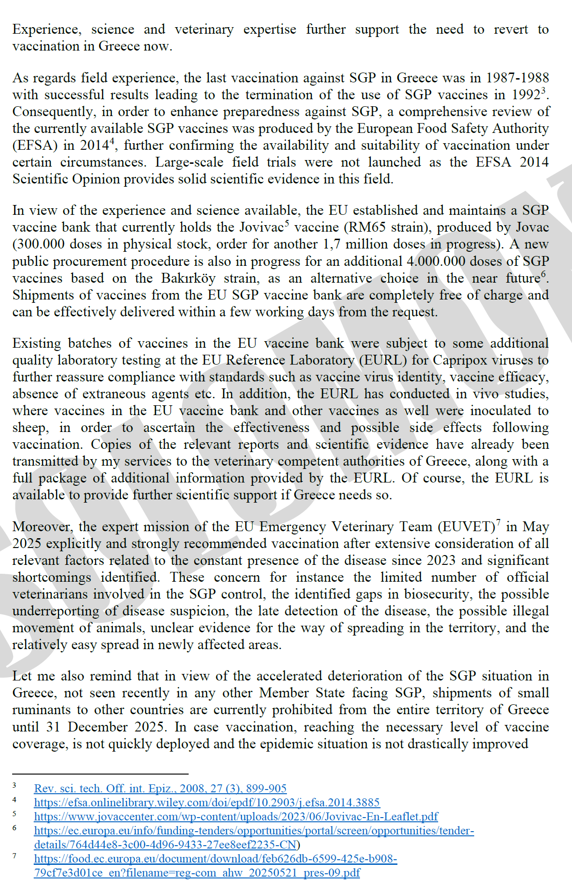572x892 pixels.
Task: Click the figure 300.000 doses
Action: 42,244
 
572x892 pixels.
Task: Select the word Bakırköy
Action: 188,278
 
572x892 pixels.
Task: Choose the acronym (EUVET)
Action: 466,527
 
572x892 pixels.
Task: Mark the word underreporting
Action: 56,611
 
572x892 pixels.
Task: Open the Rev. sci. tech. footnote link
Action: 160,789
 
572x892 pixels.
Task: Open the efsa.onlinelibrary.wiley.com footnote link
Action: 206,803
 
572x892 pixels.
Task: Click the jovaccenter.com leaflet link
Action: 236,817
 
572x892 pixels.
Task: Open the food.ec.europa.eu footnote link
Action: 215,859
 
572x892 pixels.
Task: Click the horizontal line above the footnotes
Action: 100,774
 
